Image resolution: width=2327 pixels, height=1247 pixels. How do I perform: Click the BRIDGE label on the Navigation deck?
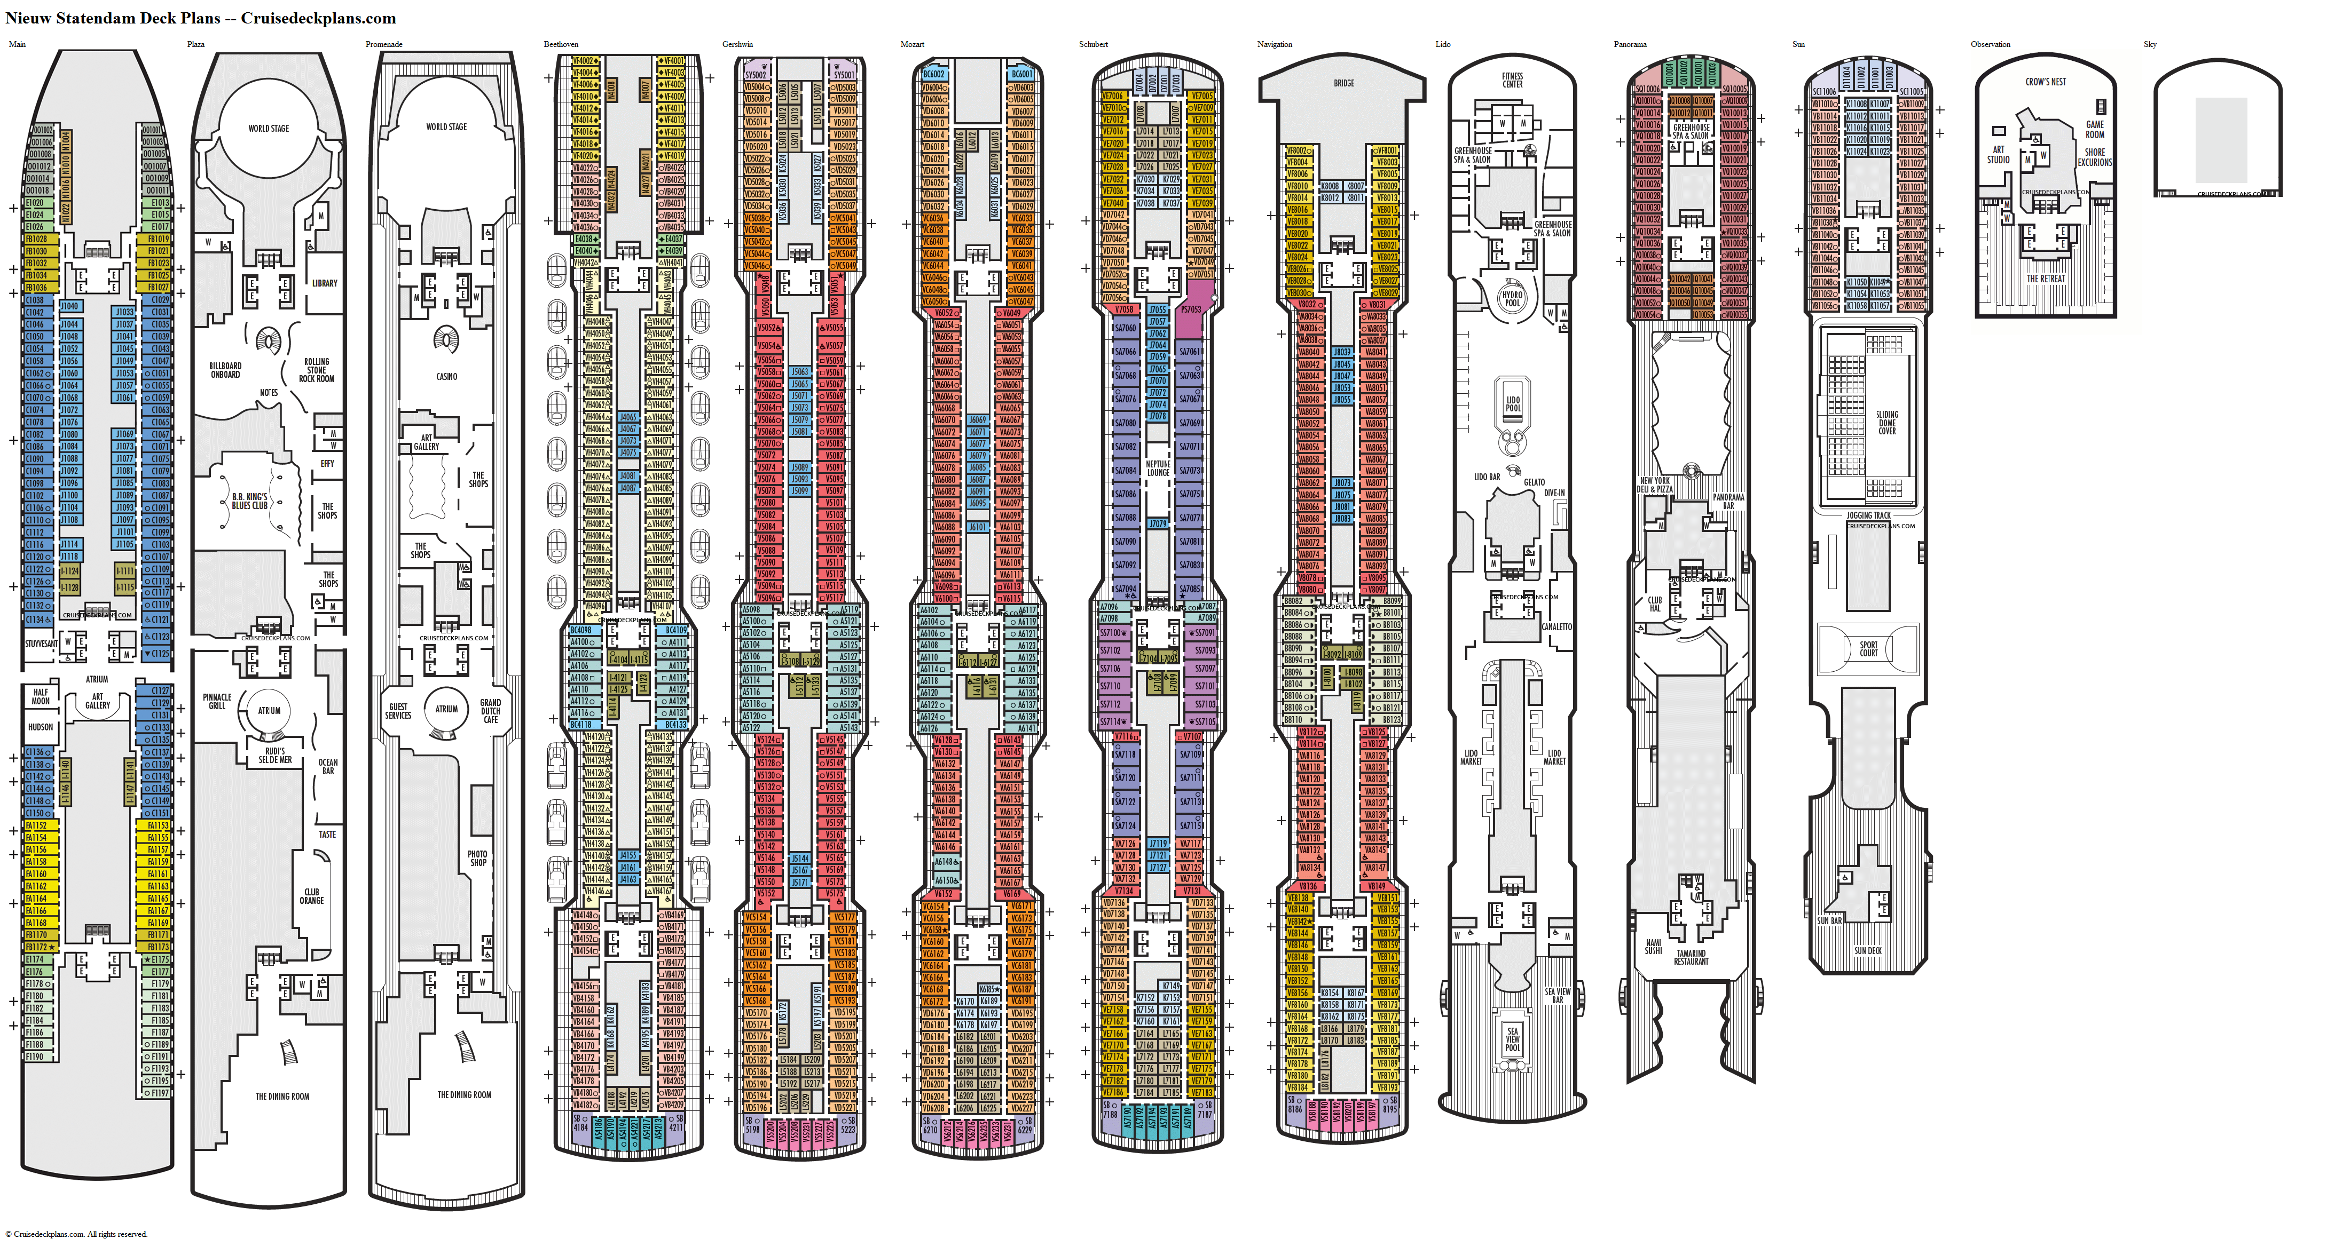point(1343,83)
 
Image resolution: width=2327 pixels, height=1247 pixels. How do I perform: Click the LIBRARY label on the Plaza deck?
point(324,283)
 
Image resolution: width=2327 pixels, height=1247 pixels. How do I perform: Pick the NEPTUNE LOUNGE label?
point(1158,468)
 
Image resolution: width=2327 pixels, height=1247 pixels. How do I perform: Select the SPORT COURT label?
point(1868,648)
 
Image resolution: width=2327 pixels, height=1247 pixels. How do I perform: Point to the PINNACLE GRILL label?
point(217,702)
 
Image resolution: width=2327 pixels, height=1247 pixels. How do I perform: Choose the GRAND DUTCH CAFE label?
point(491,711)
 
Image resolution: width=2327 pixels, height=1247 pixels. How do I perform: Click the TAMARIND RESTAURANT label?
point(1691,957)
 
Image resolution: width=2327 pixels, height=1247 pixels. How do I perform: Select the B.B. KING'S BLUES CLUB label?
point(249,501)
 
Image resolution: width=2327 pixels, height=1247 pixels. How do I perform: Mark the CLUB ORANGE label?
point(312,896)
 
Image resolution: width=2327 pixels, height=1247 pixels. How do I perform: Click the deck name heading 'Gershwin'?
point(737,44)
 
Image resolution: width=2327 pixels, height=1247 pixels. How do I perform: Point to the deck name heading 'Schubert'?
point(1093,44)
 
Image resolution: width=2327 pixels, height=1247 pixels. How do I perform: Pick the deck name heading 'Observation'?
point(1990,44)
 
